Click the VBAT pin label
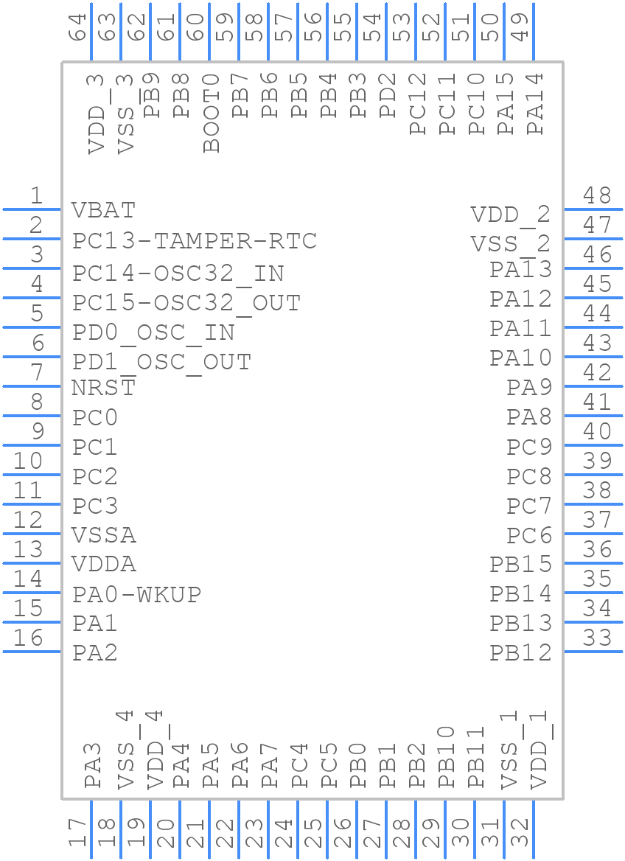pyautogui.click(x=104, y=210)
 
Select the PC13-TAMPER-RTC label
pyautogui.click(x=195, y=241)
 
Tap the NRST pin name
pyautogui.click(x=104, y=387)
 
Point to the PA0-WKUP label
pyautogui.click(x=137, y=594)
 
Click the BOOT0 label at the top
pyautogui.click(x=212, y=113)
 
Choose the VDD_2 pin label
pyautogui.click(x=511, y=215)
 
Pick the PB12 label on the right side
pyautogui.click(x=520, y=652)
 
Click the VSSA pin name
pyautogui.click(x=104, y=534)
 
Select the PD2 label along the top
pyautogui.click(x=388, y=96)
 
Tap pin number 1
pyautogui.click(x=35, y=196)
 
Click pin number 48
pyautogui.click(x=597, y=195)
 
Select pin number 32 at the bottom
pyautogui.click(x=520, y=833)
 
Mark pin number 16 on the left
pyautogui.click(x=29, y=638)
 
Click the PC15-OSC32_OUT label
pyautogui.click(x=186, y=303)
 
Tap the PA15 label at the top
pyautogui.click(x=506, y=104)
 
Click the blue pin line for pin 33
pyautogui.click(x=593, y=652)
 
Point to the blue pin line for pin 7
pyautogui.click(x=32, y=386)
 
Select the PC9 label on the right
pyautogui.click(x=529, y=447)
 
